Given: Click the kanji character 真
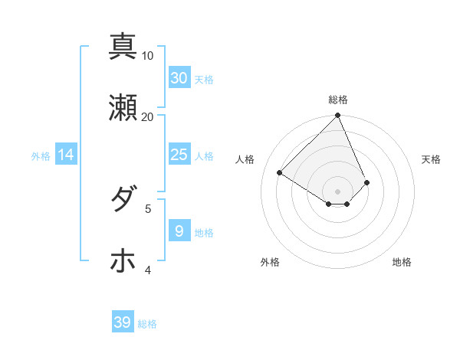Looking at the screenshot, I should point(123,46).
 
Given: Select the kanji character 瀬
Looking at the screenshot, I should point(123,108).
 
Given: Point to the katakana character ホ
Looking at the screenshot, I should point(123,260).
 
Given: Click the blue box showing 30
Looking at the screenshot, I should point(179,78).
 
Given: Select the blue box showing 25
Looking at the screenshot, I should point(179,155).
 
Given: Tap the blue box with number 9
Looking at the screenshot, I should point(179,231).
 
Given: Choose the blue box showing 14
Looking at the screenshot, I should point(66,155).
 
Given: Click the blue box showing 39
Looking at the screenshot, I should point(122,322).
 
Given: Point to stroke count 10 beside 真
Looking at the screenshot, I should point(148,56).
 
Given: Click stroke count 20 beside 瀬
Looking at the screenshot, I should point(148,117).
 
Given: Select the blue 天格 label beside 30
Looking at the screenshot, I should point(204,79).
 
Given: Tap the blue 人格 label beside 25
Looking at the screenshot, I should point(204,155).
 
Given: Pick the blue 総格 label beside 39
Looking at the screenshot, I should point(147,324).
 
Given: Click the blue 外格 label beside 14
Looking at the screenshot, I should point(41,155).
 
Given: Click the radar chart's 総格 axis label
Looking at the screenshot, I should point(338,100).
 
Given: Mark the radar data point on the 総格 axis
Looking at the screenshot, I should point(338,116).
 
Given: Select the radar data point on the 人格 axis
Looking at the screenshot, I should point(280,173).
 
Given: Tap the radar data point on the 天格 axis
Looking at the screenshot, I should point(367,182).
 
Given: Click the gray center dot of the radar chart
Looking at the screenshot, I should point(338,191).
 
